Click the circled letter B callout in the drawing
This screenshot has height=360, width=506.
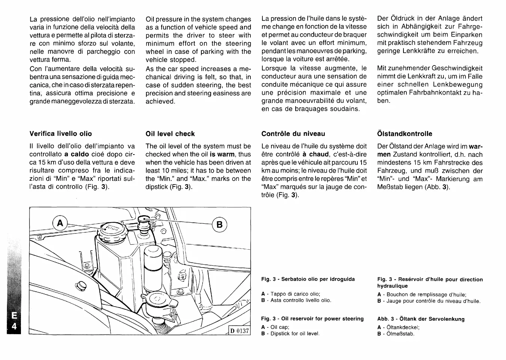point(220,225)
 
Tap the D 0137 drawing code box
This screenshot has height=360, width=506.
point(240,331)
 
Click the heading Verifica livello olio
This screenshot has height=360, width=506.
point(61,134)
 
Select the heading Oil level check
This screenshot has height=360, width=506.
point(170,134)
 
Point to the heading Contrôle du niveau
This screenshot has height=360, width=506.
point(293,134)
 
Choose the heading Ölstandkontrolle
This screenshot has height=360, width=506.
point(405,134)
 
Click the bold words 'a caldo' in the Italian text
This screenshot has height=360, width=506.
point(77,154)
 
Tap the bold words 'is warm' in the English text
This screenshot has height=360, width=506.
point(222,154)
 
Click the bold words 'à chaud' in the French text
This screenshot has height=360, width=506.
point(316,154)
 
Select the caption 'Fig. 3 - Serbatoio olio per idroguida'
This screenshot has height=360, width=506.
point(308,279)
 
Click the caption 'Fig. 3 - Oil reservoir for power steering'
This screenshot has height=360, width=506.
point(313,319)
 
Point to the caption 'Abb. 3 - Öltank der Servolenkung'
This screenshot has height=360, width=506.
point(421,319)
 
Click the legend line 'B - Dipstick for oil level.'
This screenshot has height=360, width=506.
point(290,333)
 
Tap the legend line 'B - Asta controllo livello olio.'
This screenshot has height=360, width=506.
point(296,300)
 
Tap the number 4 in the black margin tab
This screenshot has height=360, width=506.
point(14,326)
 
